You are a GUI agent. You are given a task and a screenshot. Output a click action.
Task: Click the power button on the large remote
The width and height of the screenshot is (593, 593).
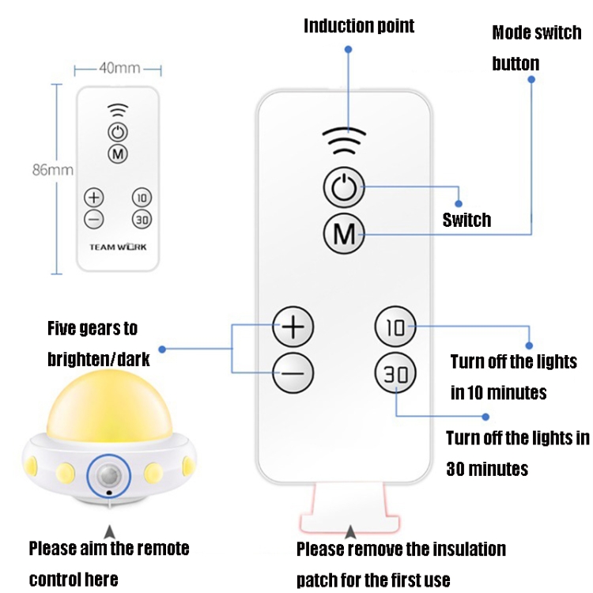[344, 189]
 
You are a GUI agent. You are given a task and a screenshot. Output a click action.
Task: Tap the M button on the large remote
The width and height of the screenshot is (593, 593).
[344, 233]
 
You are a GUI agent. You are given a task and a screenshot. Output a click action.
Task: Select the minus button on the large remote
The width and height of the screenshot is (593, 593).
[293, 372]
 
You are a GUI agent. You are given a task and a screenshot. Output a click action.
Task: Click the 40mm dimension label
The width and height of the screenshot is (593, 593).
[119, 68]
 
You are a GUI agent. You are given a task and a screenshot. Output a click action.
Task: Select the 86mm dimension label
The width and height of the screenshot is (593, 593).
[53, 169]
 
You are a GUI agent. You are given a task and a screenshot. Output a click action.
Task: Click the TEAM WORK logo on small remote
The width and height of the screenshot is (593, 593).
[118, 247]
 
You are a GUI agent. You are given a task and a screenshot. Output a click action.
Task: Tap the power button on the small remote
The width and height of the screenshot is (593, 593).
[118, 132]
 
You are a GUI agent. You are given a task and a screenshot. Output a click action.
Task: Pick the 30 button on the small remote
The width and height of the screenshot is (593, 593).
[142, 219]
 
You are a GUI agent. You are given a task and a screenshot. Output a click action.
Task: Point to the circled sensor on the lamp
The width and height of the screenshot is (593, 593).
[110, 474]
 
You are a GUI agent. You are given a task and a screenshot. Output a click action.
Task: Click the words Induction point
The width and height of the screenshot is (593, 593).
[359, 26]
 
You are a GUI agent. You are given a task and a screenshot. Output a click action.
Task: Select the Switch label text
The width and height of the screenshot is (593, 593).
[466, 220]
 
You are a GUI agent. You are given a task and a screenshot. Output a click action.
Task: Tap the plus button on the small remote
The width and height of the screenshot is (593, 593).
[94, 198]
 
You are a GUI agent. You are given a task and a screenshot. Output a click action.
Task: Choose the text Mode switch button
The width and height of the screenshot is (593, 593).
[535, 48]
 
